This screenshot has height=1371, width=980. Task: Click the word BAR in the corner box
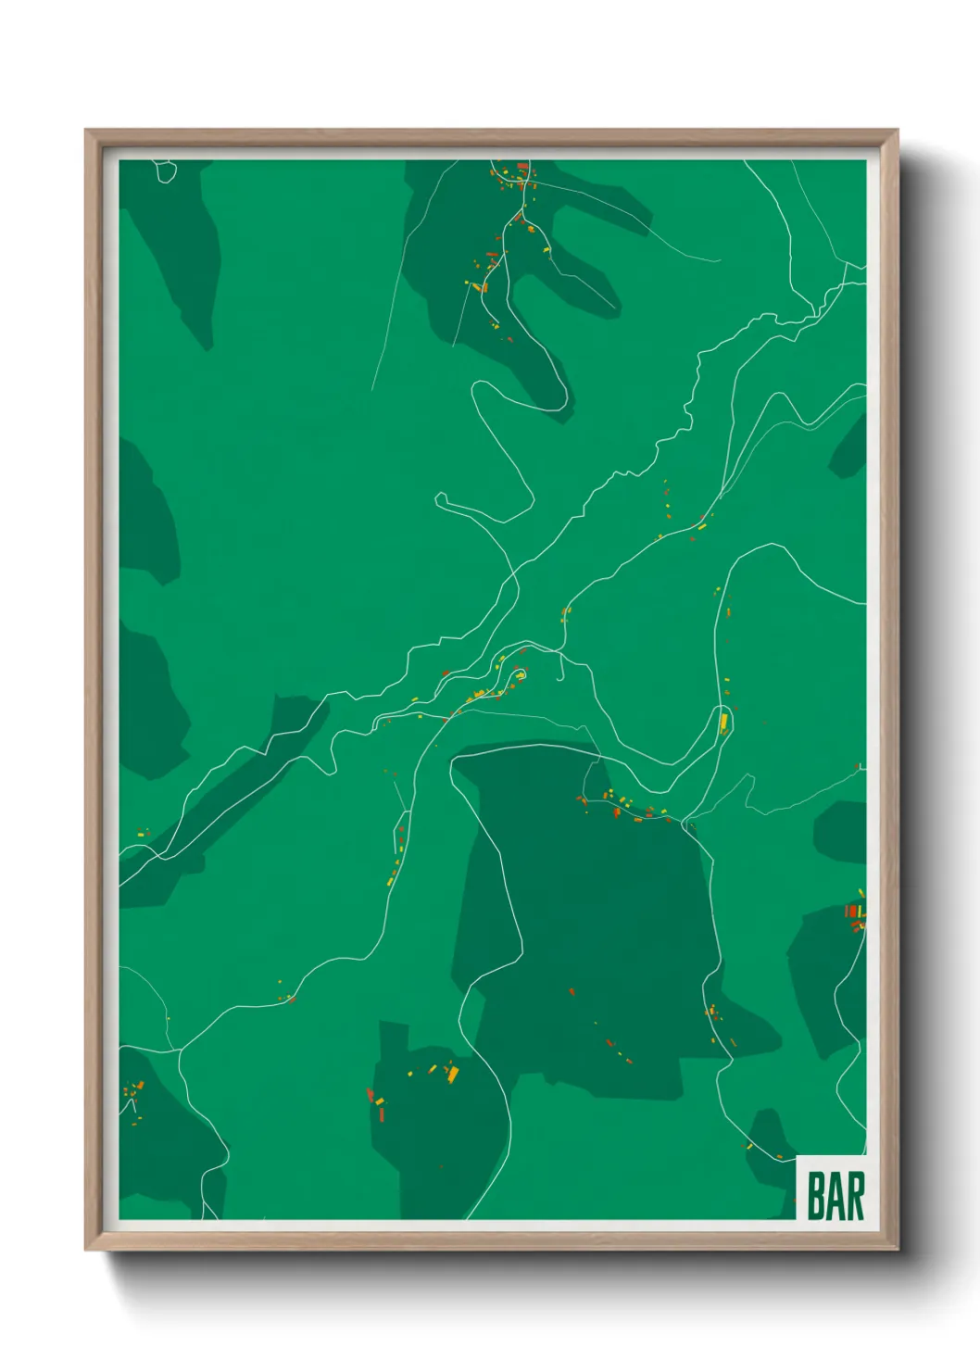coord(836,1196)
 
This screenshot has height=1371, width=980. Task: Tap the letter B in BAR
coord(817,1196)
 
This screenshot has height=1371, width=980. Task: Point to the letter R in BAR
coord(855,1196)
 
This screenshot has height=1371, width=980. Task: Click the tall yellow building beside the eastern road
coord(724,720)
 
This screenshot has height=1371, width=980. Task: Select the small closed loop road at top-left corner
coord(166,170)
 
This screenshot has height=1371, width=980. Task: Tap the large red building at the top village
coord(521,167)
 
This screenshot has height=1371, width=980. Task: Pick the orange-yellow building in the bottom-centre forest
coord(453,1074)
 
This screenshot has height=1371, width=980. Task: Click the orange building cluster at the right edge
coord(853,912)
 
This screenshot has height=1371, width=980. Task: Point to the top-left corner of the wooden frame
coord(86,131)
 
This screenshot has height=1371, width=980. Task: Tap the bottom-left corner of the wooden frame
coord(86,1250)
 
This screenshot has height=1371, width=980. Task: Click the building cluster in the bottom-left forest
coord(135,1098)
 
